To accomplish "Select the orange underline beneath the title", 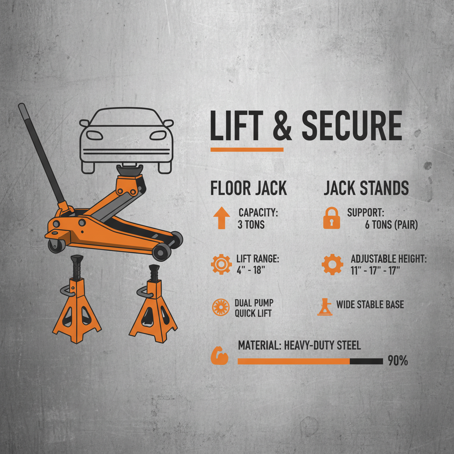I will click(x=247, y=150).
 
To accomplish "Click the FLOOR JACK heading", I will click(x=248, y=188).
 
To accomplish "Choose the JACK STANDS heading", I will click(x=366, y=188).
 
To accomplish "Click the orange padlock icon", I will click(x=332, y=219).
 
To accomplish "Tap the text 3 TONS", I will click(x=251, y=225).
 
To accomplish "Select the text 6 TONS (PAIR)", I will click(x=391, y=225).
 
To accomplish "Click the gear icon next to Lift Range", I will click(x=221, y=265).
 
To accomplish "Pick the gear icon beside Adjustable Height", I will click(x=332, y=265).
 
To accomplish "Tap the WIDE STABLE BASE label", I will click(x=370, y=305).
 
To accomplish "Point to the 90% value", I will click(x=397, y=361).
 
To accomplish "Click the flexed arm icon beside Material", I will click(x=219, y=357).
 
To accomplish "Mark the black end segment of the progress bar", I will click(x=366, y=361).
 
